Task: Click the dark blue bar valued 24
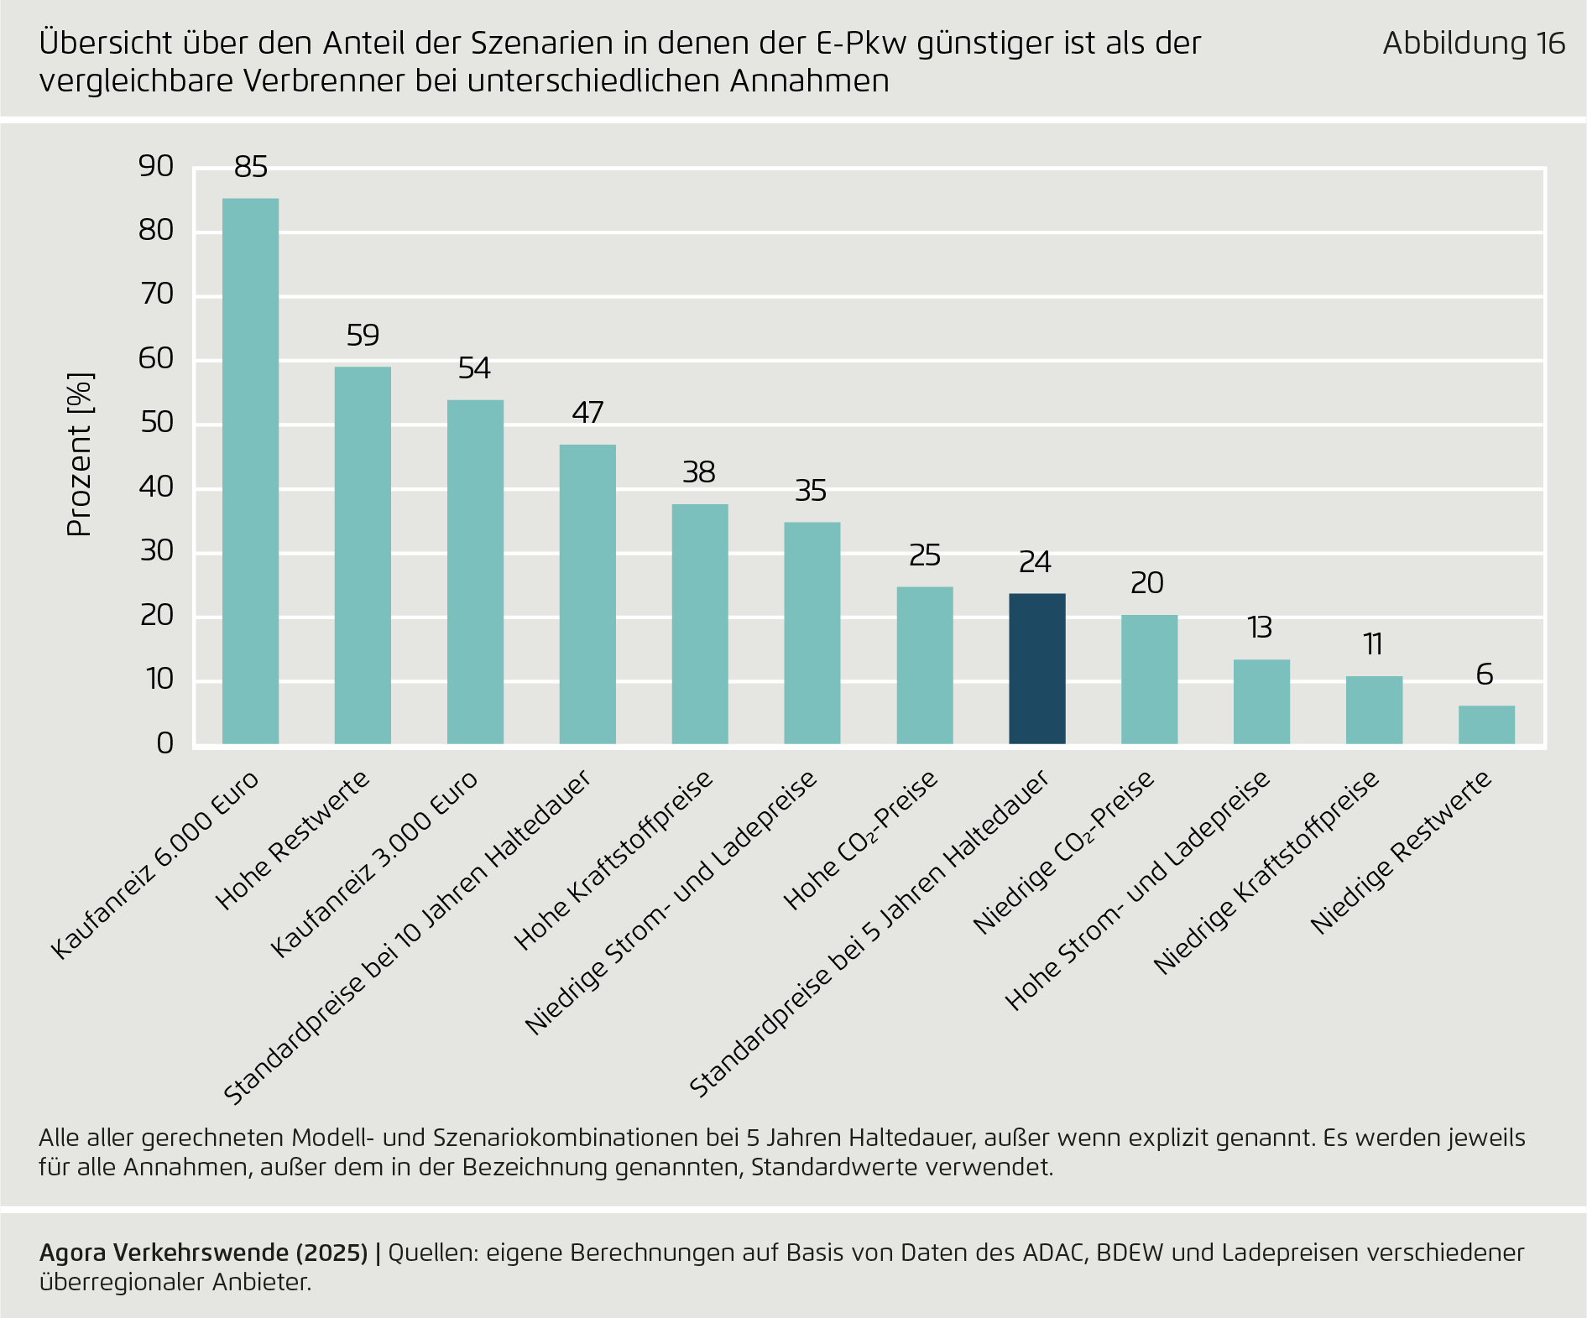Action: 1036,669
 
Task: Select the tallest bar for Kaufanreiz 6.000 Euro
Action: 250,471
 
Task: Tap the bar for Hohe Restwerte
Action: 363,555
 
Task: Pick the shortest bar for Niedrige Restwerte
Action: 1486,725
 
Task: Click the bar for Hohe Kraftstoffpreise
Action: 700,623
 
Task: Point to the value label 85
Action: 251,168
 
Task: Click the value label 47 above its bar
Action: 587,413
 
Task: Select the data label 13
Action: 1260,628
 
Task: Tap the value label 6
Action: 1485,675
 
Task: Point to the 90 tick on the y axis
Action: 156,166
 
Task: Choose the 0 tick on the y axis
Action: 164,743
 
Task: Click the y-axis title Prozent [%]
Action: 80,454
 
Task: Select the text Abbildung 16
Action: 1474,44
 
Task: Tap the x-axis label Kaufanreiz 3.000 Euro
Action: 374,864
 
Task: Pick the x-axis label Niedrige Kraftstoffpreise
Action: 1266,873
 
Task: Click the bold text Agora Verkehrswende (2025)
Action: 203,1253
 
